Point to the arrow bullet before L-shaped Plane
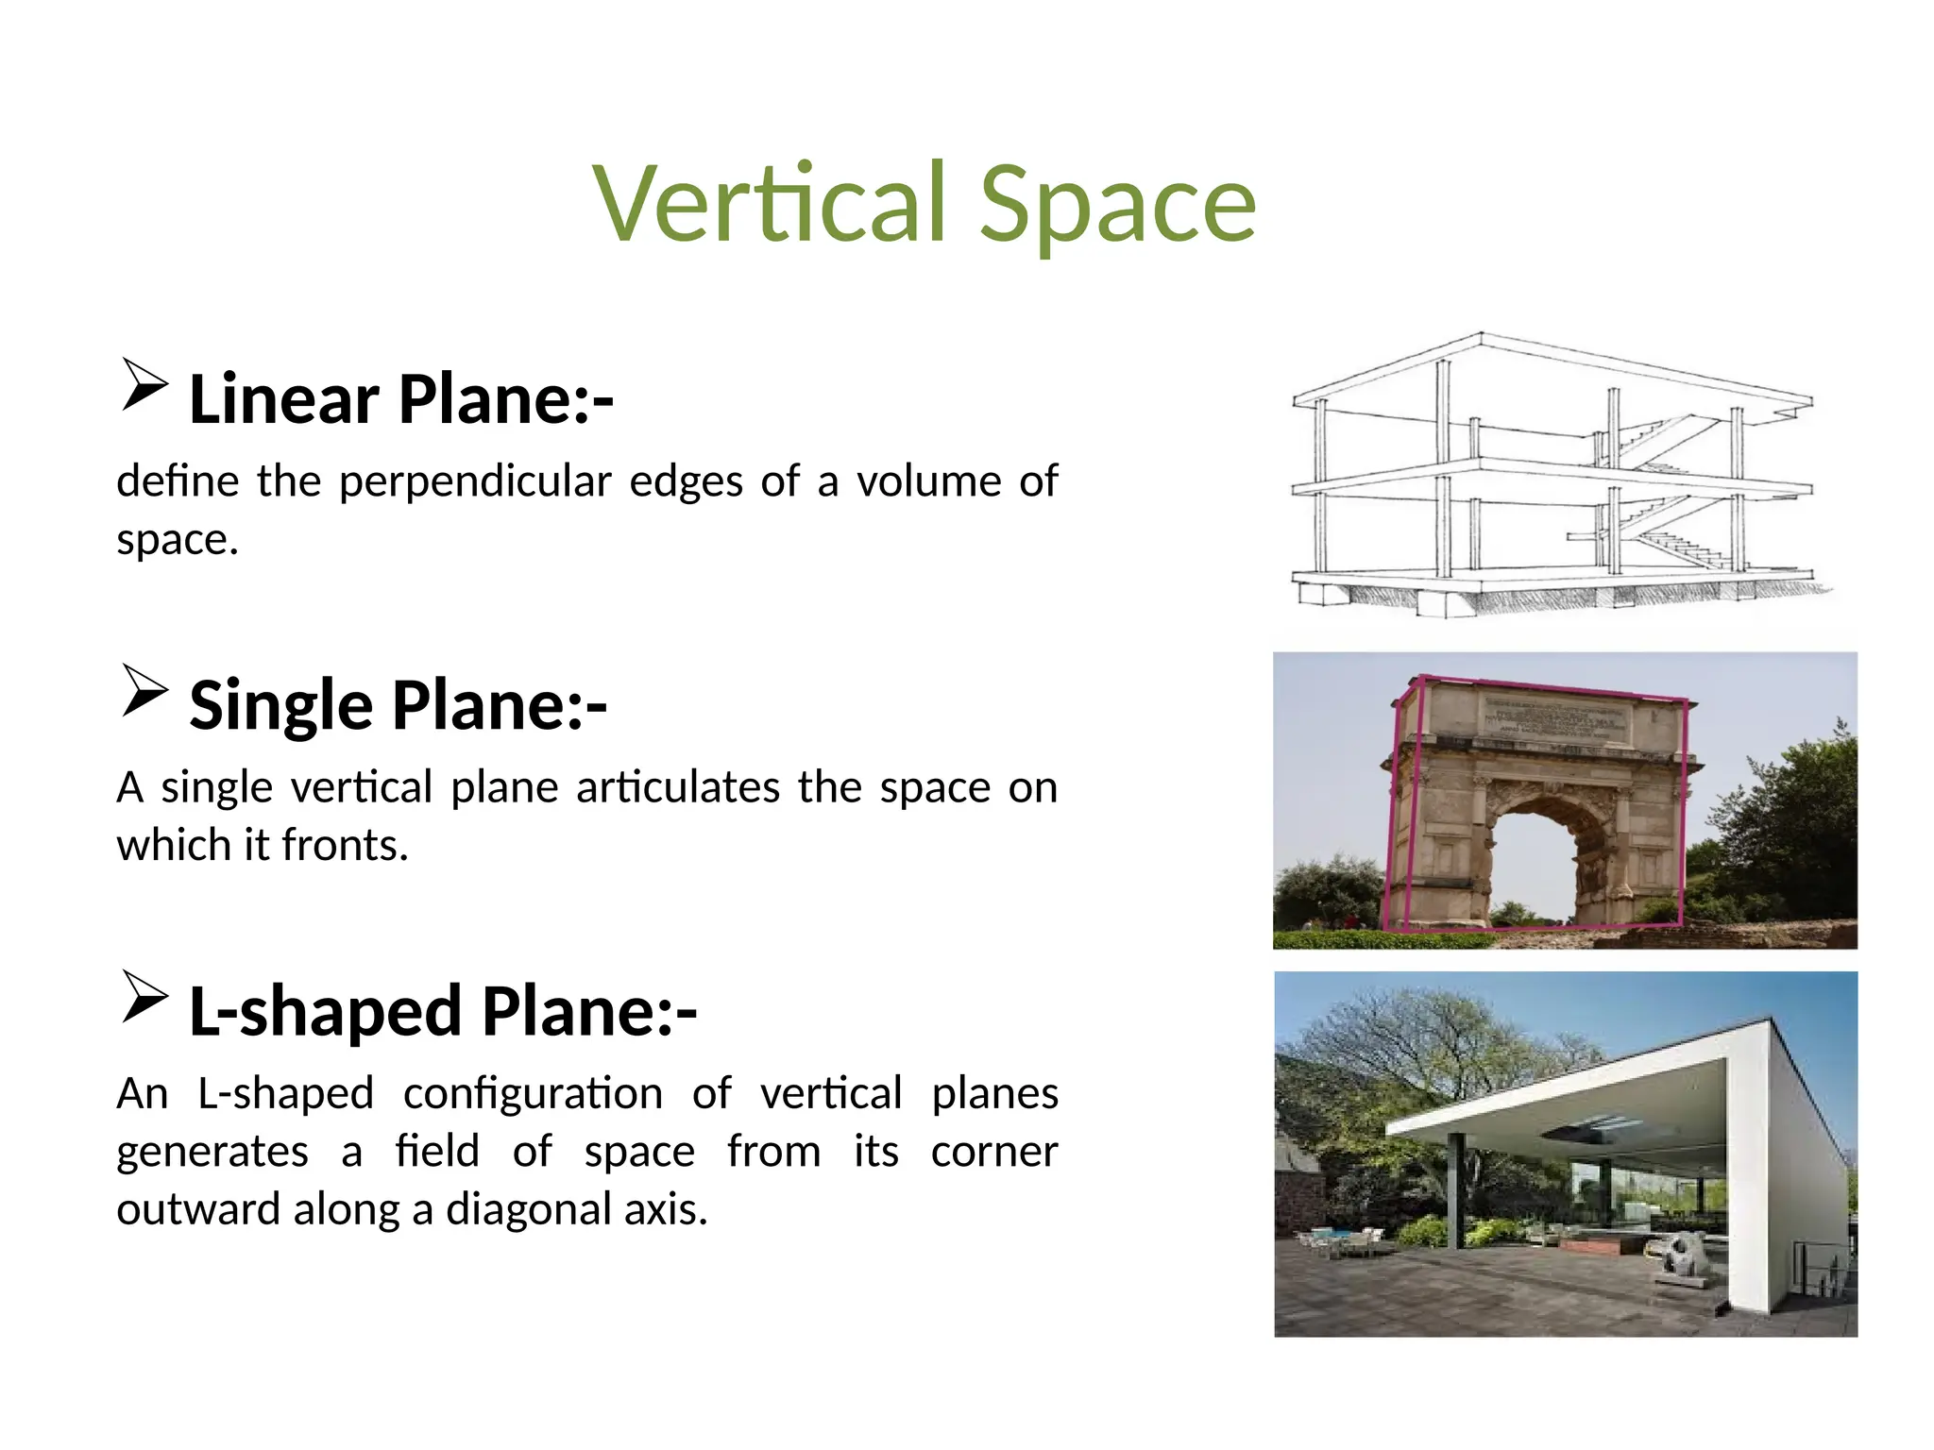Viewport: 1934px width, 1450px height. pyautogui.click(x=144, y=997)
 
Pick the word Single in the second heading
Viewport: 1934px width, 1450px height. pyautogui.click(x=281, y=705)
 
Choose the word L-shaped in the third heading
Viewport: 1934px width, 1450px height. pyautogui.click(x=325, y=1011)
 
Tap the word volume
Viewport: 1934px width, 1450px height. pyautogui.click(x=928, y=481)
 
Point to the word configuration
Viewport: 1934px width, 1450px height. pyautogui.click(x=533, y=1094)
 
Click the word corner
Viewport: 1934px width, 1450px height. pyautogui.click(x=993, y=1152)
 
